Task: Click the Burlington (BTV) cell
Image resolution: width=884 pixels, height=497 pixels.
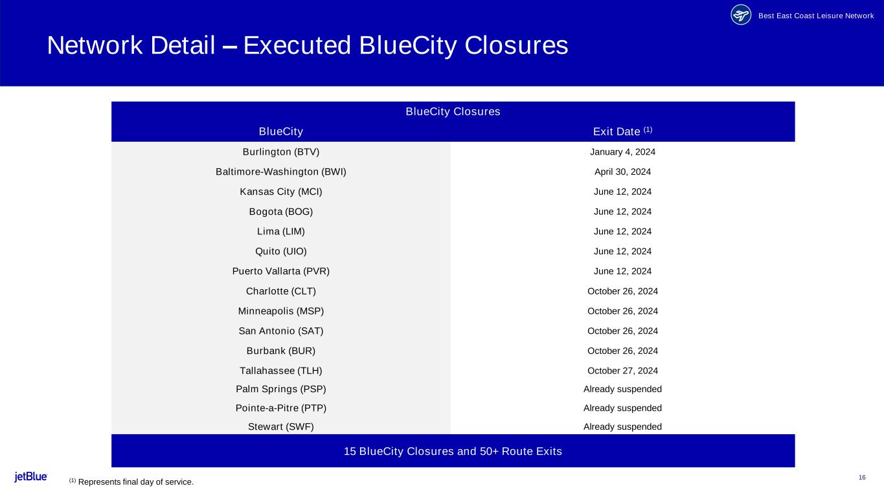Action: (x=281, y=152)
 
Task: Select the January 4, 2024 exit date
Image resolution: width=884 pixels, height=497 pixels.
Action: (x=622, y=152)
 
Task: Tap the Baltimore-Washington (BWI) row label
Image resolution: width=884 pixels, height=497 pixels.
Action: (x=281, y=172)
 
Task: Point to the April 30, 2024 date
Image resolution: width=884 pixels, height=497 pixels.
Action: (x=622, y=172)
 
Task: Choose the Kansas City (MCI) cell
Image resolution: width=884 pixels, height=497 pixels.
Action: (x=281, y=192)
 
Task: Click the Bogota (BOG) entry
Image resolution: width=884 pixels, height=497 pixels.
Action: (x=281, y=212)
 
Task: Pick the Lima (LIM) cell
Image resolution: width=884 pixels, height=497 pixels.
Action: (x=281, y=232)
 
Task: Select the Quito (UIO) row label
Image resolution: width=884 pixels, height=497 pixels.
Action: (x=281, y=252)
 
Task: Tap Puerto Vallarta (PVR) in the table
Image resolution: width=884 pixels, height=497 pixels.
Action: (x=281, y=271)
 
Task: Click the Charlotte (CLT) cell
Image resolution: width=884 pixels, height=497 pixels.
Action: (x=281, y=291)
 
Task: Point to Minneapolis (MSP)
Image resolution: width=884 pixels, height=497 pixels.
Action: (x=281, y=311)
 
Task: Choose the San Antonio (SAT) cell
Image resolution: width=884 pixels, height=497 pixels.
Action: (x=281, y=331)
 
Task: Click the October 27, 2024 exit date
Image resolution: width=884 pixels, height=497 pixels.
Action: (x=622, y=371)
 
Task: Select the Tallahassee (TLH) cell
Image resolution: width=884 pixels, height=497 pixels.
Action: (x=281, y=371)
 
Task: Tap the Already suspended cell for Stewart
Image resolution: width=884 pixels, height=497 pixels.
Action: (x=622, y=426)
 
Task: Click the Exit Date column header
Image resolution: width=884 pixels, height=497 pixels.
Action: (x=622, y=131)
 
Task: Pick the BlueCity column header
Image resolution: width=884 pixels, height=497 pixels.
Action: (x=281, y=132)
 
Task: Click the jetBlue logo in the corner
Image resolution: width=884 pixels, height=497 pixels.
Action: (x=31, y=477)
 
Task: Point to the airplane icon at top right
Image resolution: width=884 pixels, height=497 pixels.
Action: (x=741, y=15)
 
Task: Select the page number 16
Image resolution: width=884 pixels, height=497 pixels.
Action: (x=862, y=478)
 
